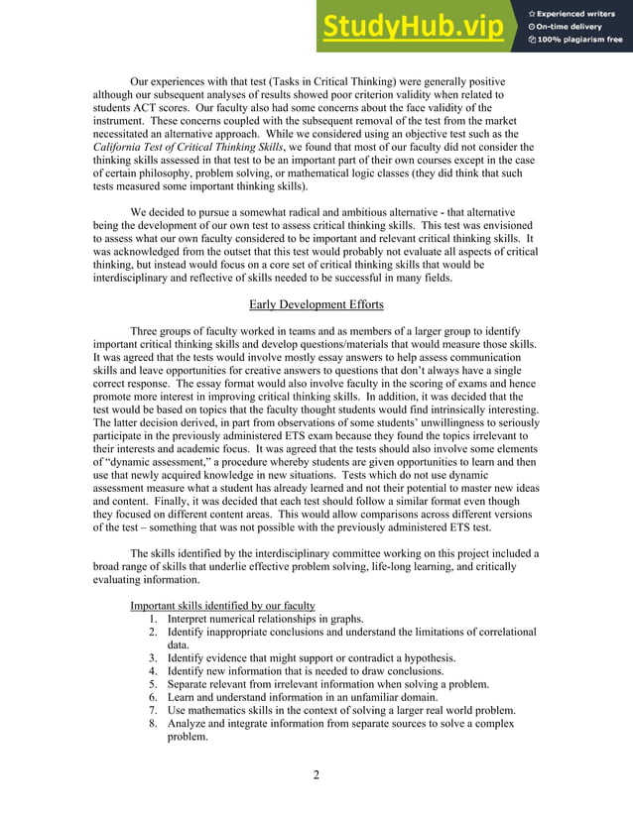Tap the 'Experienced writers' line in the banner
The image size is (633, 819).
[x=580, y=11]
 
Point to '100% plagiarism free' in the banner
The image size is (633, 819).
[x=580, y=40]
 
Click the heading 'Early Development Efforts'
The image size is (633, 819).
[x=316, y=304]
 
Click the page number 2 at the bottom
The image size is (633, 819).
[x=316, y=774]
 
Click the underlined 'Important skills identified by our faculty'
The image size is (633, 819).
[x=222, y=606]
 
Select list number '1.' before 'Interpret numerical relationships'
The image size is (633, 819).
[x=154, y=619]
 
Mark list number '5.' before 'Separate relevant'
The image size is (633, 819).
[x=154, y=684]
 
